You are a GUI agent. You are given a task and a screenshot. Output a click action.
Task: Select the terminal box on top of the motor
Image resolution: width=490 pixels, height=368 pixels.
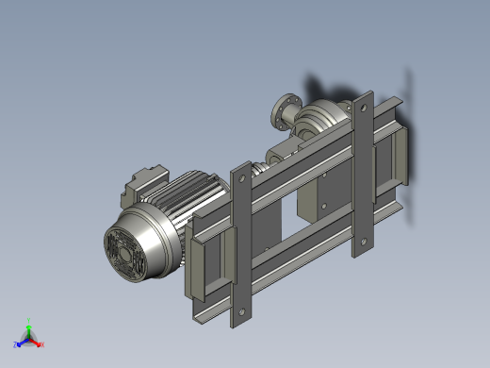[145, 181]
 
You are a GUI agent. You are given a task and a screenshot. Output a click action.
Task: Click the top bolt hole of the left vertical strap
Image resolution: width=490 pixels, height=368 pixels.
[241, 176]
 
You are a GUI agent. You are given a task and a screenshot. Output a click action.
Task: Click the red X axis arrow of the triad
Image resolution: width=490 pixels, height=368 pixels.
[39, 343]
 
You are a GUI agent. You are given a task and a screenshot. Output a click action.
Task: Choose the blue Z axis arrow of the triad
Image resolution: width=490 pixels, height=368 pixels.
[21, 343]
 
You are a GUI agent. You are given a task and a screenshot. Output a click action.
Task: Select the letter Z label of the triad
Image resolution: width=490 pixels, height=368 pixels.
[16, 345]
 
